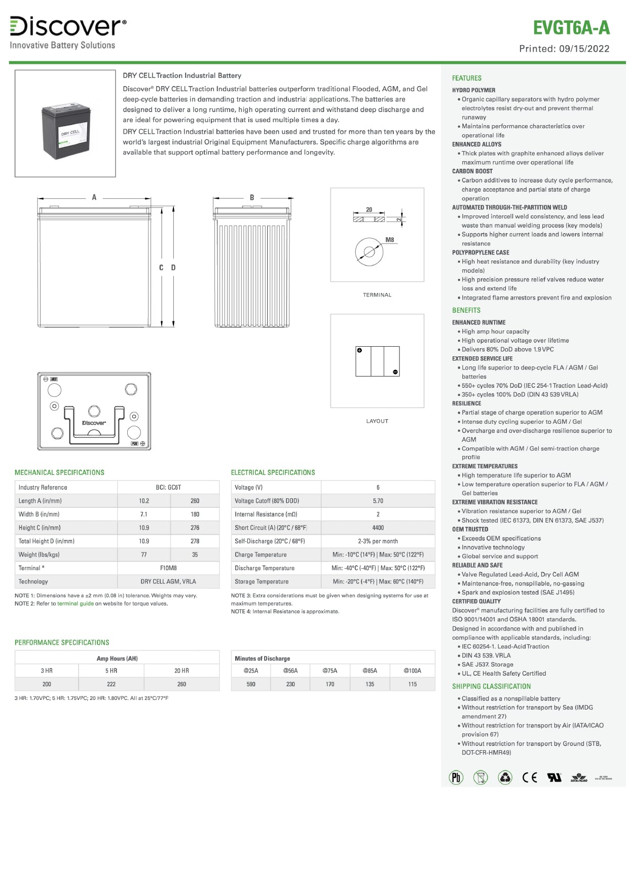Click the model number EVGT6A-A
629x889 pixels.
pyautogui.click(x=571, y=28)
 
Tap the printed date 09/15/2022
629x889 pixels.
pyautogui.click(x=584, y=49)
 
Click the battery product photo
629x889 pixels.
pyautogui.click(x=65, y=123)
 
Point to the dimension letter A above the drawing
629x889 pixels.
pyautogui.click(x=94, y=198)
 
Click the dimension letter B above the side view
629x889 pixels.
pyautogui.click(x=252, y=198)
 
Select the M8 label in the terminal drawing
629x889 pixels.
pyautogui.click(x=389, y=240)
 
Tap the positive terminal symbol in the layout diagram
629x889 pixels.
pyautogui.click(x=359, y=350)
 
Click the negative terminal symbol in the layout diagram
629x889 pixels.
pyautogui.click(x=395, y=372)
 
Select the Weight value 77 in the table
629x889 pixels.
pyautogui.click(x=144, y=554)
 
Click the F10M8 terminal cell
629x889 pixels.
pyautogui.click(x=168, y=568)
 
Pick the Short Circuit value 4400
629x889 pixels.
pyautogui.click(x=378, y=528)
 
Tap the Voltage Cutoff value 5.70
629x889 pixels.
pyautogui.click(x=378, y=501)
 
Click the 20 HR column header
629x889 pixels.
pyautogui.click(x=181, y=671)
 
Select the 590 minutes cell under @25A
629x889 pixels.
pyautogui.click(x=251, y=684)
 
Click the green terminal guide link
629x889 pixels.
pyautogui.click(x=76, y=604)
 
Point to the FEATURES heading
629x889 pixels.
pyautogui.click(x=467, y=78)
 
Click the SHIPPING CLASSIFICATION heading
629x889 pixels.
pyautogui.click(x=491, y=686)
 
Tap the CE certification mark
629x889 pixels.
pyautogui.click(x=530, y=777)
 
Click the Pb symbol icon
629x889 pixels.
pyautogui.click(x=456, y=777)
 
